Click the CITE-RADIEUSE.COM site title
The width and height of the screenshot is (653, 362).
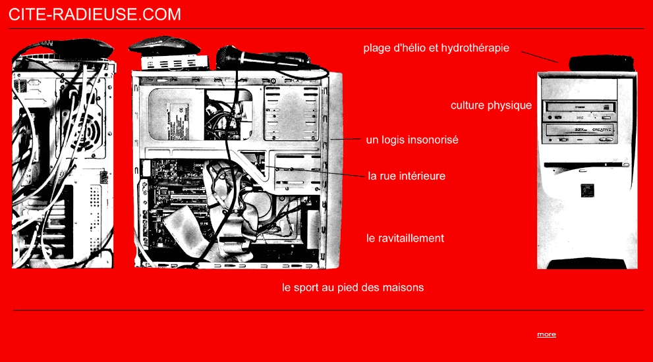point(94,14)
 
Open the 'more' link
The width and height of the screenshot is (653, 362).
point(546,334)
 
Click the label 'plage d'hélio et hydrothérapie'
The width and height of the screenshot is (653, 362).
point(436,48)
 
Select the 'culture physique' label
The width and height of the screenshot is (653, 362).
point(491,106)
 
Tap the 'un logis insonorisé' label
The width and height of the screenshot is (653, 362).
point(412,140)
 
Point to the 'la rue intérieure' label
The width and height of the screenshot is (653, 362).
point(407,176)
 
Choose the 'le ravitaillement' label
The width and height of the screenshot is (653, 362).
point(405,238)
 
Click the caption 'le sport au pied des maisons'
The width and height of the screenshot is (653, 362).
point(353,288)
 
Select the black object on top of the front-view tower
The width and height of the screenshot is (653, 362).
point(602,63)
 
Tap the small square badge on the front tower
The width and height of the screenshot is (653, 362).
point(587,191)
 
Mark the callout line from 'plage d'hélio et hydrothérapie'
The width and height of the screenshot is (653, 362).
point(540,57)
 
